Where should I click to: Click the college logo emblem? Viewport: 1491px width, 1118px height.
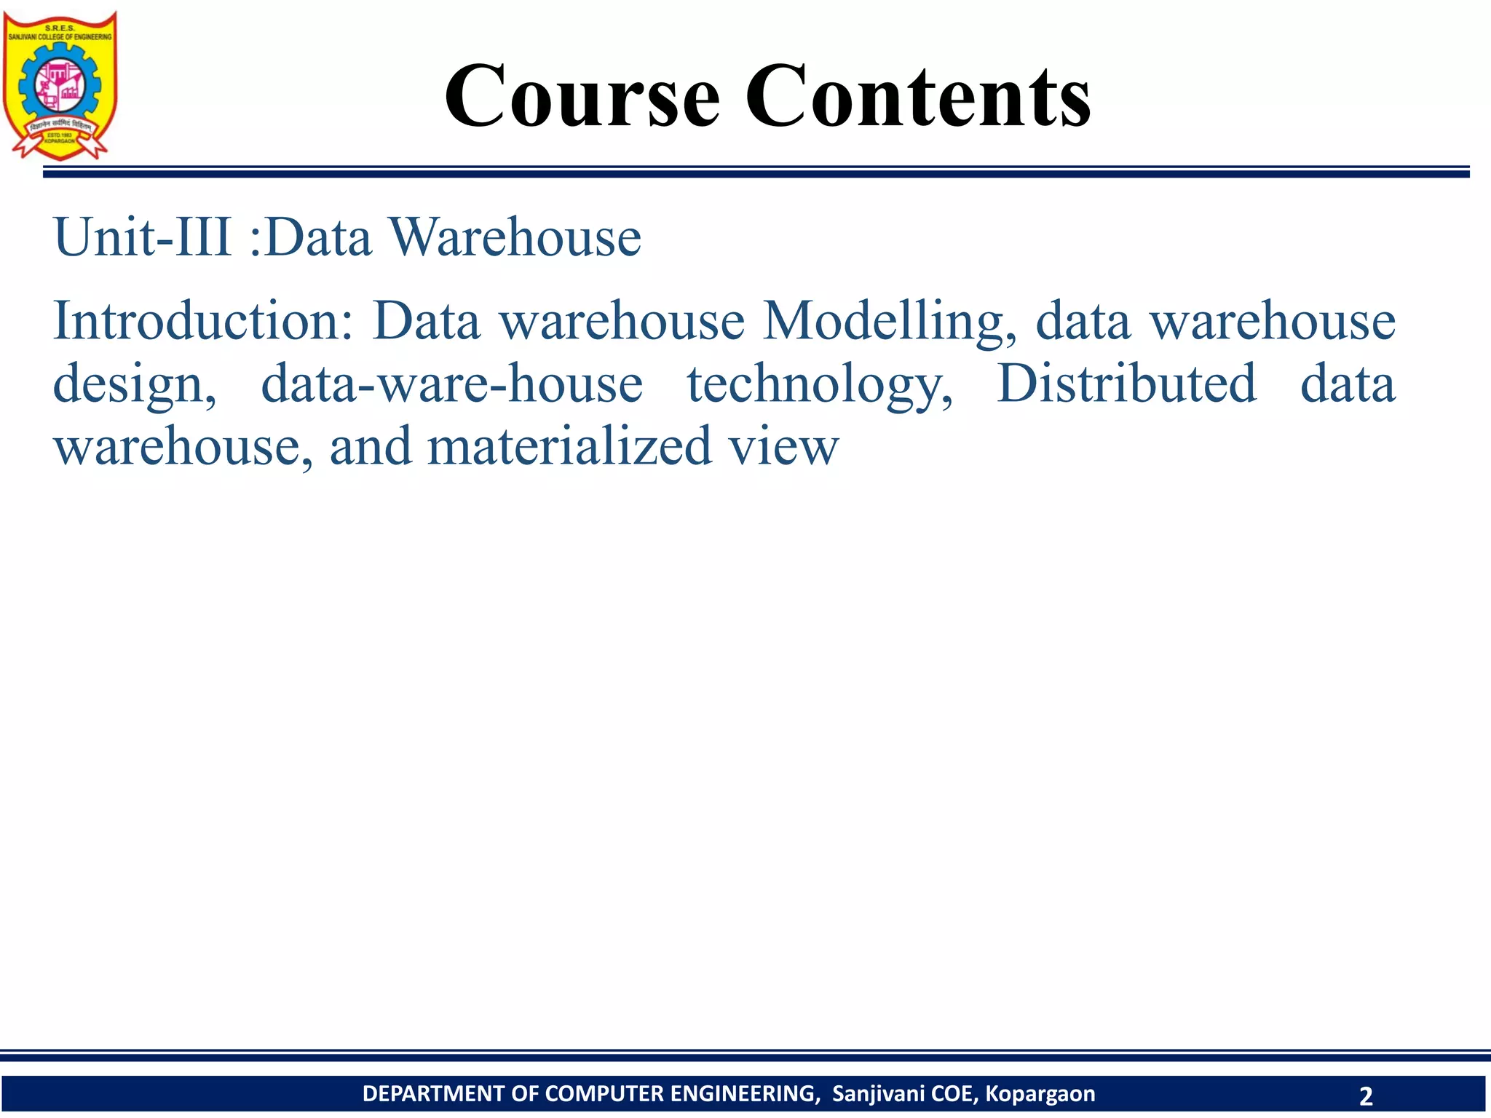pyautogui.click(x=60, y=84)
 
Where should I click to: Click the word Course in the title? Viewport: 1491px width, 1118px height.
pyautogui.click(x=582, y=96)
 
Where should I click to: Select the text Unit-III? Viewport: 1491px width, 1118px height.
pyautogui.click(x=143, y=237)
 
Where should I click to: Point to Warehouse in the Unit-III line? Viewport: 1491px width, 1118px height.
pyautogui.click(x=515, y=237)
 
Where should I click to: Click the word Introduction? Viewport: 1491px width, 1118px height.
pyautogui.click(x=202, y=321)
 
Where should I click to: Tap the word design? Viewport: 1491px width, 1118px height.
pyautogui.click(x=135, y=384)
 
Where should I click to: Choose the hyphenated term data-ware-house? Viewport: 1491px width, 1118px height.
pyautogui.click(x=451, y=384)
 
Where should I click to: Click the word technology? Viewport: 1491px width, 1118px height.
pyautogui.click(x=820, y=384)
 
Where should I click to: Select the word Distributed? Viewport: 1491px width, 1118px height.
pyautogui.click(x=1126, y=383)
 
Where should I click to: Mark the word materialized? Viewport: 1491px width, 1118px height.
pyautogui.click(x=569, y=446)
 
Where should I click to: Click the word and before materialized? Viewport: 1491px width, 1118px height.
pyautogui.click(x=370, y=446)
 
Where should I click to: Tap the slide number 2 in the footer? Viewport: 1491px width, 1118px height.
pyautogui.click(x=1365, y=1095)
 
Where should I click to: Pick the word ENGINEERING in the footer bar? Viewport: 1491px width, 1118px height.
pyautogui.click(x=744, y=1094)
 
